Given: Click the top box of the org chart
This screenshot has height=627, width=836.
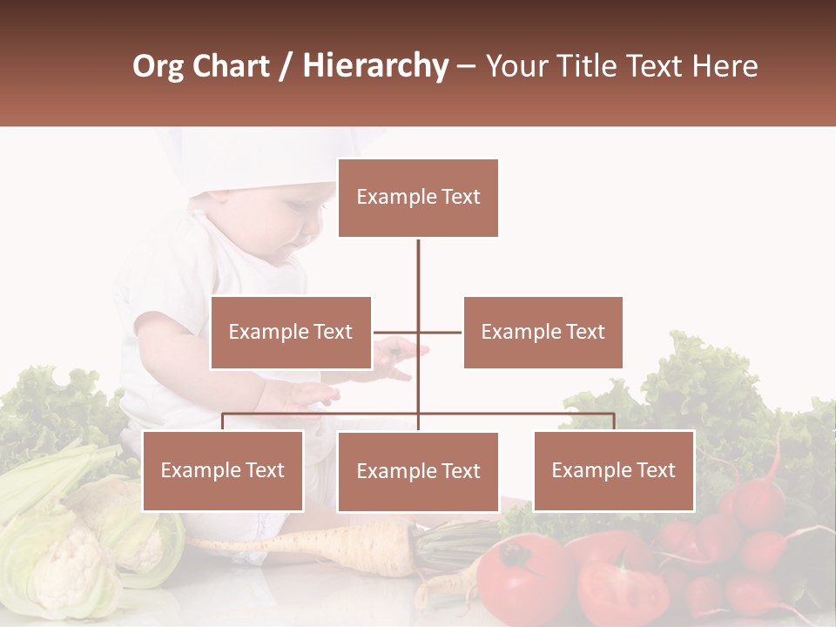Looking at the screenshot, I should pos(418,198).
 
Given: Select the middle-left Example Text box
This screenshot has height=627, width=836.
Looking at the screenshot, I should pos(290,332).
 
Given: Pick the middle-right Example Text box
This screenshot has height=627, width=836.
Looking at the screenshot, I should pos(543,332).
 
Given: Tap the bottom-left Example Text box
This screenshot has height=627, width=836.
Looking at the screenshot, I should pos(223,470).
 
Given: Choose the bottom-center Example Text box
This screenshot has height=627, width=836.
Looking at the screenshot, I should pos(418,471).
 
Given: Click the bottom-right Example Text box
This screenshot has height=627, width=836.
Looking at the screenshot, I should pos(613,470).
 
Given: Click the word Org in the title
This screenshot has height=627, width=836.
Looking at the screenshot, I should pos(158,66).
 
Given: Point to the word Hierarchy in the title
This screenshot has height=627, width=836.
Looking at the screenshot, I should pos(375,66).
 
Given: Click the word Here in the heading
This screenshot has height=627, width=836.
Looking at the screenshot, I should pos(725,66).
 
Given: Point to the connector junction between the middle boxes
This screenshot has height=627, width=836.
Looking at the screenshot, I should pos(418,332).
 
